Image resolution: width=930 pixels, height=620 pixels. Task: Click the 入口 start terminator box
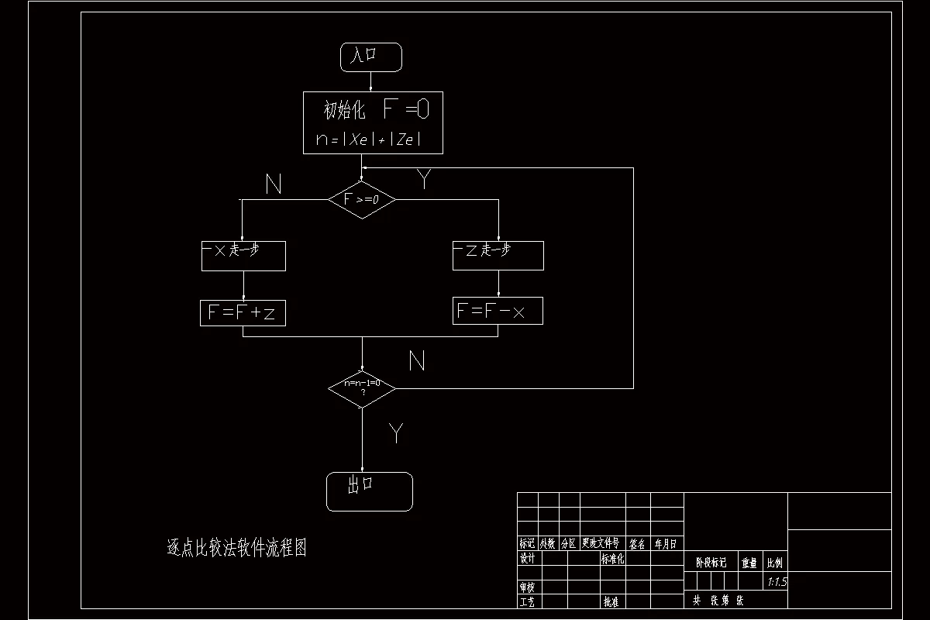[371, 57]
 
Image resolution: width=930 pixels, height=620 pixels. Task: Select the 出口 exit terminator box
[369, 491]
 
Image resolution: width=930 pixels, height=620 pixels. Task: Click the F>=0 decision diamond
[362, 200]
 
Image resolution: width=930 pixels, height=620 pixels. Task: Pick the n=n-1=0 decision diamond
[362, 387]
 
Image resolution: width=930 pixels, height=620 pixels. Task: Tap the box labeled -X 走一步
[243, 256]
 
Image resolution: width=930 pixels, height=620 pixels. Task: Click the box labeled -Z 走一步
[498, 256]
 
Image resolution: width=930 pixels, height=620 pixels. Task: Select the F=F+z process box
[243, 312]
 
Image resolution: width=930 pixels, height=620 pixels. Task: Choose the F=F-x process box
[498, 311]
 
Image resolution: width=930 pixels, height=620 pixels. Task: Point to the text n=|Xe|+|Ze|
[369, 139]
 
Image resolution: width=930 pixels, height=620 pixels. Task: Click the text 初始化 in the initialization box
[344, 111]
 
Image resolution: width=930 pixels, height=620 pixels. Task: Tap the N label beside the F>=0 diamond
[273, 184]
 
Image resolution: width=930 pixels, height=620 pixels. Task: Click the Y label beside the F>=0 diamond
[424, 180]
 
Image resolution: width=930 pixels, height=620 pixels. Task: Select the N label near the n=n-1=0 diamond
[417, 360]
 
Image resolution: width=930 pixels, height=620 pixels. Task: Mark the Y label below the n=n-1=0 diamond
[396, 433]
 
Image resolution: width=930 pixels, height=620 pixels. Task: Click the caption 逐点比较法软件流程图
[237, 548]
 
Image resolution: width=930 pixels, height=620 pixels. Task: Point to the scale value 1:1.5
[776, 581]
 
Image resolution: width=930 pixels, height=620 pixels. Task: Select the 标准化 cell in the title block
[612, 559]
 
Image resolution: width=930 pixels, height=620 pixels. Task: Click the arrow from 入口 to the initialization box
[371, 81]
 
